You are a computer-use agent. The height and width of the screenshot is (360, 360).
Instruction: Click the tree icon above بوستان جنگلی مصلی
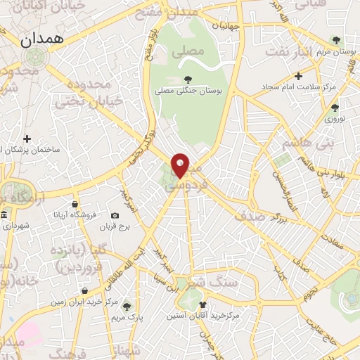coord(187,79)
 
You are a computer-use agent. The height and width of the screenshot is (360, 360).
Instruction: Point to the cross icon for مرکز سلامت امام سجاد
coord(299,76)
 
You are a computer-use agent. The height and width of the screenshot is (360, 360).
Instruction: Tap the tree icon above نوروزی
coord(335,108)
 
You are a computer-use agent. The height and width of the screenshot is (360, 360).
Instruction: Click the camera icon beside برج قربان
coord(115,216)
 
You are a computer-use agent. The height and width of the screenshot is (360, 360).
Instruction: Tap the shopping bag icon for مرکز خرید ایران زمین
coord(84,291)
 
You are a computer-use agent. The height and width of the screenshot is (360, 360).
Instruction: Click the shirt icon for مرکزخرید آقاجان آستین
coord(204,304)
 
